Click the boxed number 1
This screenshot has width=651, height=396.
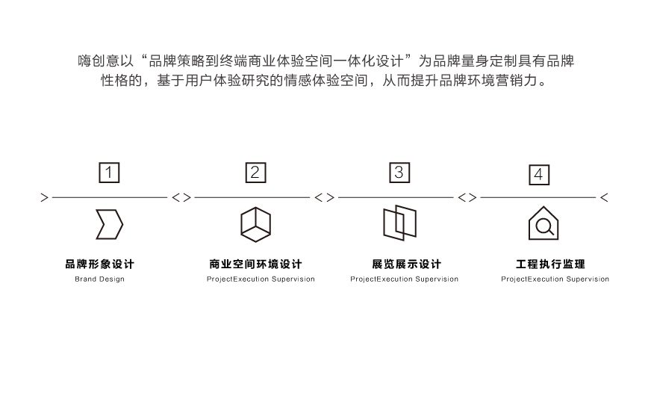[109, 173]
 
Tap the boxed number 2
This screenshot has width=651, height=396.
[256, 173]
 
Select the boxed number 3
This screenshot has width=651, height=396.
[399, 173]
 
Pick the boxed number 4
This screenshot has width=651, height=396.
[539, 175]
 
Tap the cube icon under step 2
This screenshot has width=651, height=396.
[256, 224]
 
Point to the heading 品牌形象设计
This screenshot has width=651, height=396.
[99, 264]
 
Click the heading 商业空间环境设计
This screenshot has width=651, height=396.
[256, 264]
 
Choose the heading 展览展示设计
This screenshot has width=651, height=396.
[406, 264]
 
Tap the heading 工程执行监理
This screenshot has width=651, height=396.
[550, 264]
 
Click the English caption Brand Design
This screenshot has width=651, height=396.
[99, 279]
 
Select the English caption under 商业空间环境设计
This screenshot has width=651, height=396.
[261, 279]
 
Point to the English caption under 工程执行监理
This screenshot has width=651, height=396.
[555, 279]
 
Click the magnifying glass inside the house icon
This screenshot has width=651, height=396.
[544, 226]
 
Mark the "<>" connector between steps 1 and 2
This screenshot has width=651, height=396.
[181, 197]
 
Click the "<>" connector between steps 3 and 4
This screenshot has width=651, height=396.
[467, 197]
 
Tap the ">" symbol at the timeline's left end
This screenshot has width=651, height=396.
[45, 197]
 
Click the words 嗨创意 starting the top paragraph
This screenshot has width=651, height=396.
[99, 61]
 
